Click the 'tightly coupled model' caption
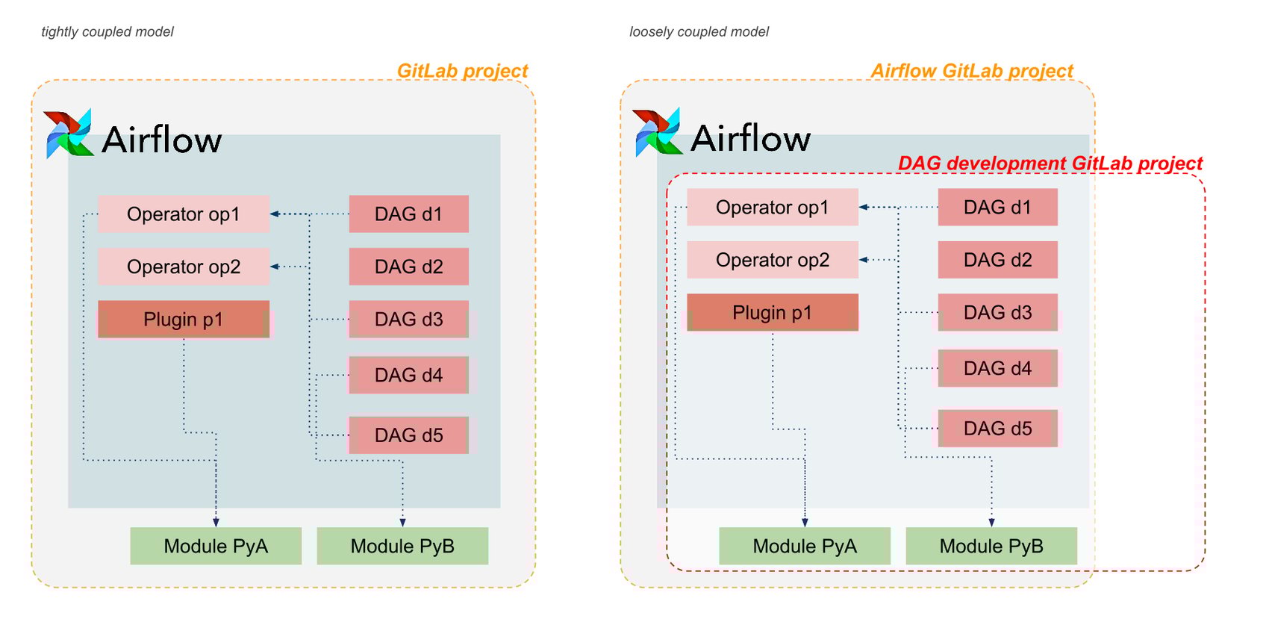click(107, 32)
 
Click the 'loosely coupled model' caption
click(699, 32)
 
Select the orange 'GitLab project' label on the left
click(462, 71)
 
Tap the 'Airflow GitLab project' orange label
click(972, 71)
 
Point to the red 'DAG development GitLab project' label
click(1050, 164)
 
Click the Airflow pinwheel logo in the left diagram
click(68, 134)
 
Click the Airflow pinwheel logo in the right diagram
click(657, 133)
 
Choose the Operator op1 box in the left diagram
click(184, 214)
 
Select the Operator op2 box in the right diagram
click(773, 260)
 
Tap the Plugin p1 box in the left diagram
click(184, 320)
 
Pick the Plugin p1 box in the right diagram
click(773, 312)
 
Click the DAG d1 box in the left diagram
click(408, 214)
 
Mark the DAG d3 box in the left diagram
click(408, 320)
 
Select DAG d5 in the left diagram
click(408, 435)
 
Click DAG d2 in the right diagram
click(997, 260)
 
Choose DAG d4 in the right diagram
click(997, 368)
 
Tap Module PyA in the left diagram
click(216, 546)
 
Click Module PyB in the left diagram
click(402, 546)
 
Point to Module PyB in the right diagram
click(991, 546)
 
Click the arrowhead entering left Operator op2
click(274, 267)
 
